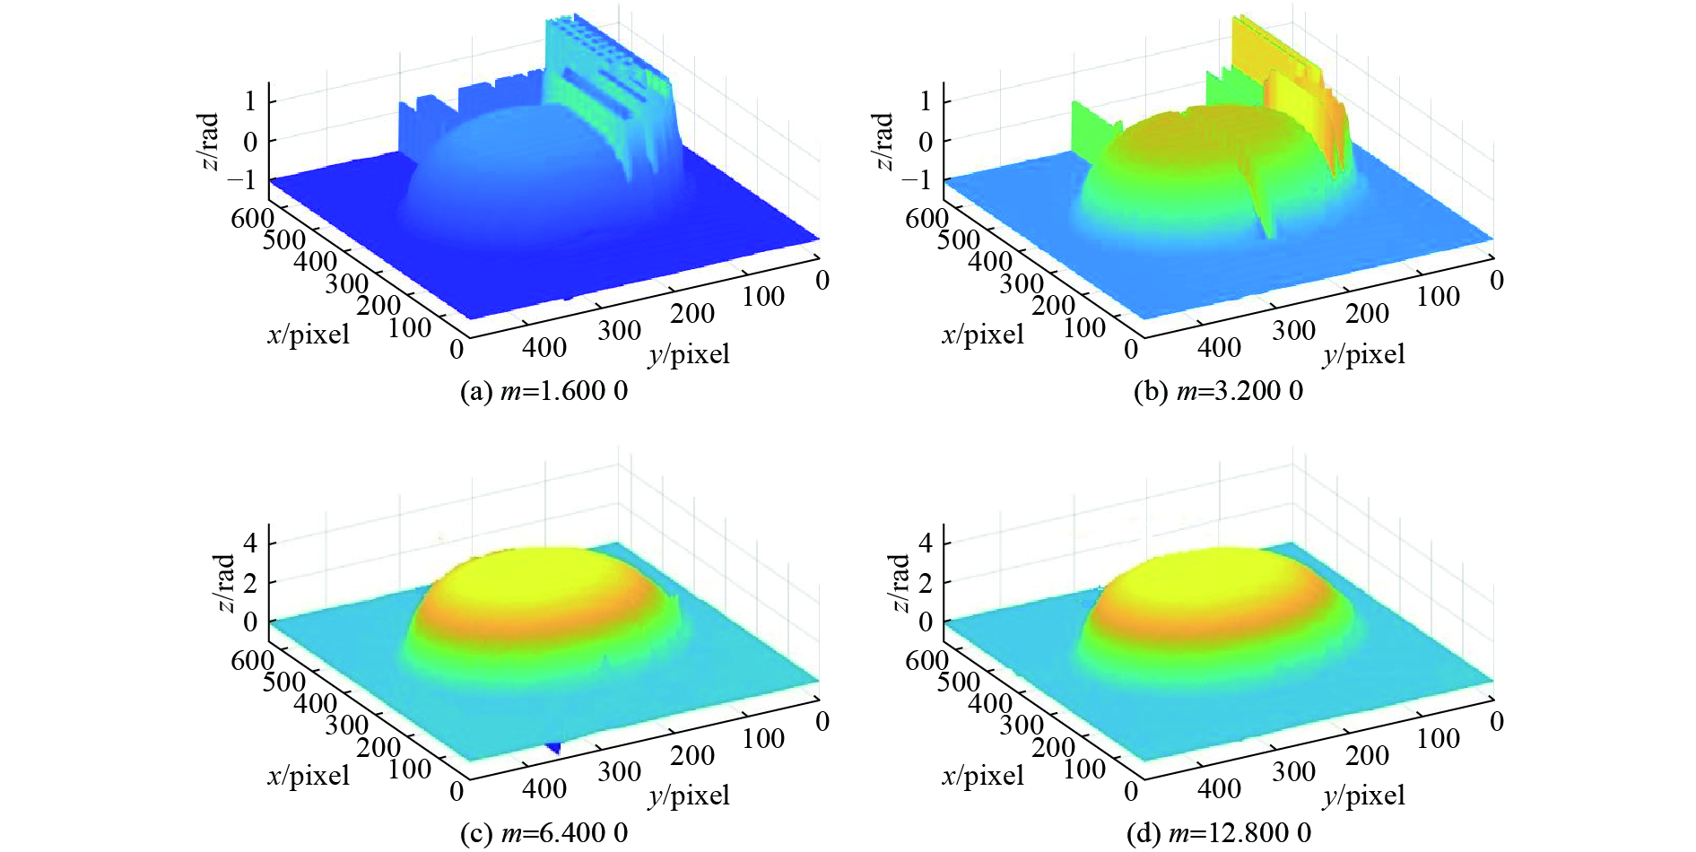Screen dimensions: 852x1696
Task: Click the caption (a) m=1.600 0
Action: coord(543,392)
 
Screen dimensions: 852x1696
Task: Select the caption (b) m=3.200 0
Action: coord(1218,392)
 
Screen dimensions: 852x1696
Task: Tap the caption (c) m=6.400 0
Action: coord(543,833)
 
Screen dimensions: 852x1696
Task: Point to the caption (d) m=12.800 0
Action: coord(1218,833)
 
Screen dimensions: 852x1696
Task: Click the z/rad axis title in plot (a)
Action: coord(208,141)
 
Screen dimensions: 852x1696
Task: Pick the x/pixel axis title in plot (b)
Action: coord(982,335)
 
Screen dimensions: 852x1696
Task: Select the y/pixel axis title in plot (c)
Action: coord(689,795)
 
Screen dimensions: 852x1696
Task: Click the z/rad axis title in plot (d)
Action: coord(899,582)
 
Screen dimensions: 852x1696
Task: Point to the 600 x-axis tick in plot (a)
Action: coord(252,218)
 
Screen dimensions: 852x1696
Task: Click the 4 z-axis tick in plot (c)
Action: coord(250,542)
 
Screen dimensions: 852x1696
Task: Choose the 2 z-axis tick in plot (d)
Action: coord(925,582)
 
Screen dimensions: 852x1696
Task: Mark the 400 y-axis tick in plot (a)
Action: coord(544,347)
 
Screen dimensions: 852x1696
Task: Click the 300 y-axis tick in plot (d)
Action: coord(1293,771)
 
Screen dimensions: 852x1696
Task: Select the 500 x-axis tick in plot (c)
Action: coord(284,682)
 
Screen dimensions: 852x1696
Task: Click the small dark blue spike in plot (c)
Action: coord(555,747)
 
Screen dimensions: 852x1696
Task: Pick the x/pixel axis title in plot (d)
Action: coord(982,777)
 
